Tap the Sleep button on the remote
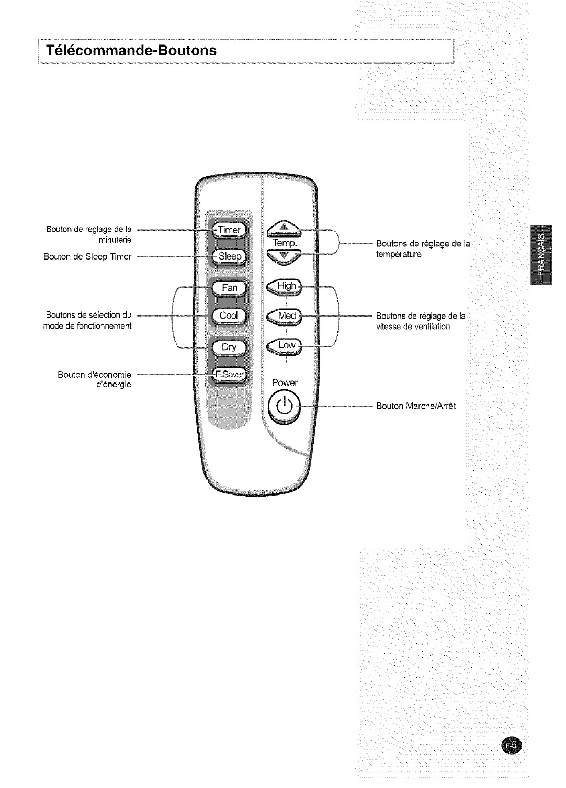tap(230, 256)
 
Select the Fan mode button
tap(230, 288)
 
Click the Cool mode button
tap(230, 316)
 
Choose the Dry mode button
tap(230, 347)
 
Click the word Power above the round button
tap(285, 383)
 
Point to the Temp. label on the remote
tap(285, 244)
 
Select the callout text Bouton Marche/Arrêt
tap(416, 406)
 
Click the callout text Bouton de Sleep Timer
tap(88, 256)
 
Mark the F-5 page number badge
tap(511, 745)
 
